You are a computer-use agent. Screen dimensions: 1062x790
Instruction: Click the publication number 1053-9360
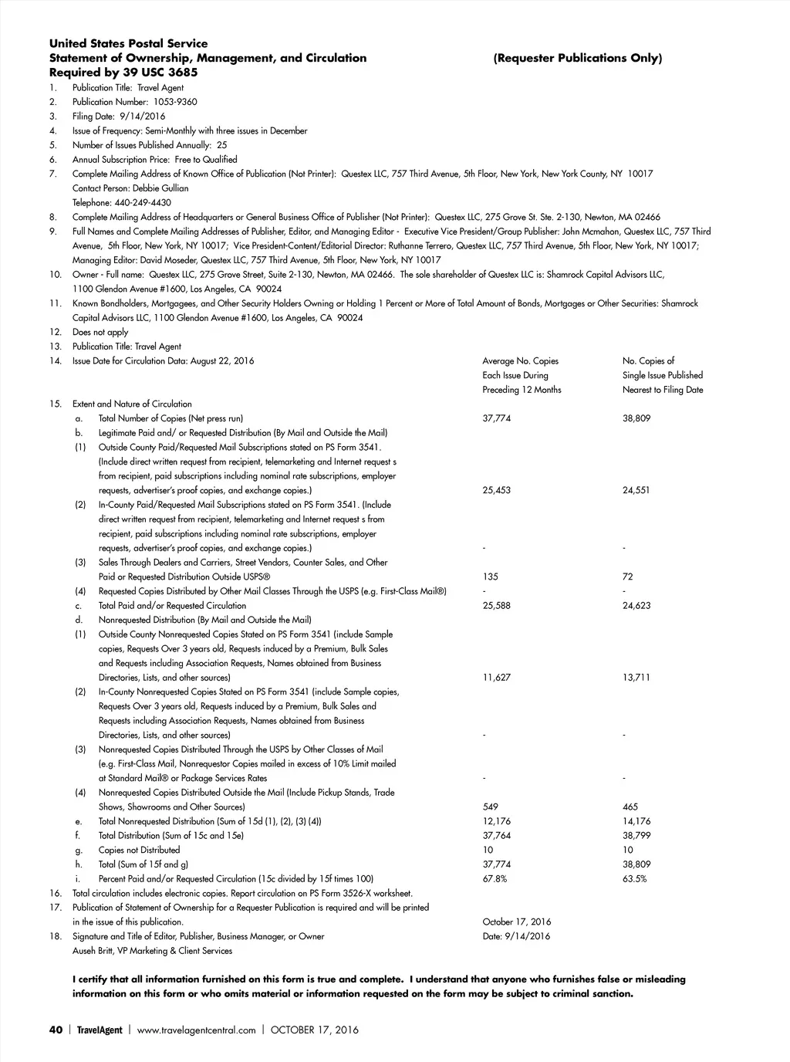coord(176,102)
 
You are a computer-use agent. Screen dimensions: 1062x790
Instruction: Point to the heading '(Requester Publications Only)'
coord(577,59)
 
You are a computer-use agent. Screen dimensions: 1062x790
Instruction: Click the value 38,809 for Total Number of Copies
coord(636,418)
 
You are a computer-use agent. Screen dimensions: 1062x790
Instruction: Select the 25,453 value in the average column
coord(496,490)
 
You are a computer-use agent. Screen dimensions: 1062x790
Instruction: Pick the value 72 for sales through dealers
coord(628,577)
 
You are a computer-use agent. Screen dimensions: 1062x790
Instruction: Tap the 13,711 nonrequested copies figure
coord(636,678)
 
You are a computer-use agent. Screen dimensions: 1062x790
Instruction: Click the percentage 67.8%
coord(495,879)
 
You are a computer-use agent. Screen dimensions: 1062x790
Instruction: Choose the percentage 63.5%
coord(634,879)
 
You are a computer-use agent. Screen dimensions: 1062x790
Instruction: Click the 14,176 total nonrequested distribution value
coord(636,821)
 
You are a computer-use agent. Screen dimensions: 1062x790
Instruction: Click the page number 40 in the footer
coord(55,1030)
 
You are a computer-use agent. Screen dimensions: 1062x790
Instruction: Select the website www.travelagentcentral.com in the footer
coord(196,1030)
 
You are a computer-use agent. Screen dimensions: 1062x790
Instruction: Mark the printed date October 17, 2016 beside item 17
coord(516,922)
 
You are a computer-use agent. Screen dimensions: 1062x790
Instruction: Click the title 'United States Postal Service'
coord(128,44)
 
